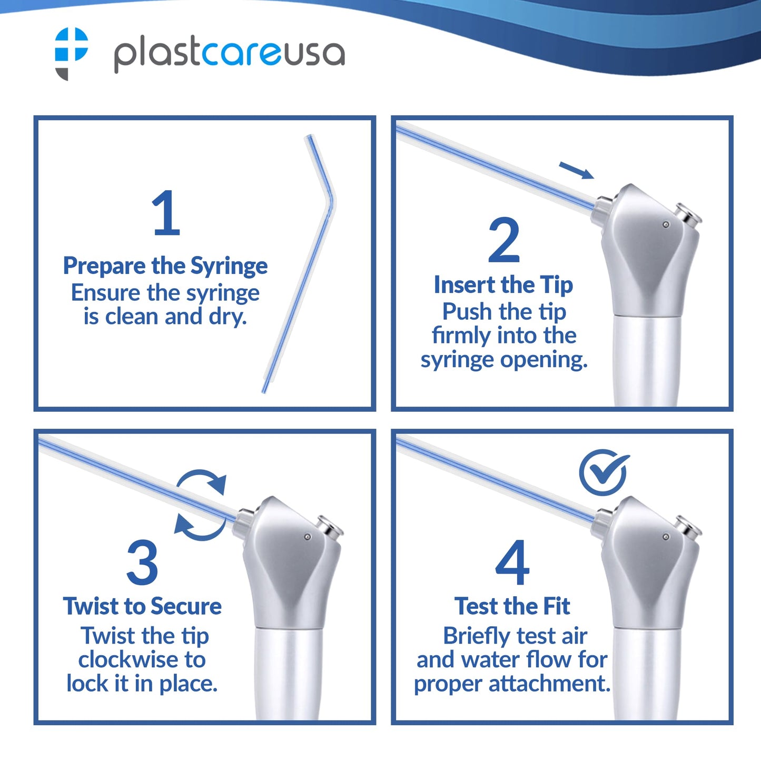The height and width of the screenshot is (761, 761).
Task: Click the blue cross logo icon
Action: pyautogui.click(x=71, y=53)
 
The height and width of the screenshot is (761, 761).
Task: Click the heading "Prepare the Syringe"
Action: pyautogui.click(x=165, y=265)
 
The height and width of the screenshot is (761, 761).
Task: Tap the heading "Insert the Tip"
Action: pyautogui.click(x=503, y=285)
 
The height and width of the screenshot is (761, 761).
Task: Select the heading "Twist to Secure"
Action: pyautogui.click(x=142, y=606)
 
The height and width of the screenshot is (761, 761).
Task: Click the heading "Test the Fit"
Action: pyautogui.click(x=512, y=606)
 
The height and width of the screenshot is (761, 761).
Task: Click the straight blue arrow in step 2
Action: pyautogui.click(x=577, y=170)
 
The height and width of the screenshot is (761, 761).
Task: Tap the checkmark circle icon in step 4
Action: pyautogui.click(x=604, y=472)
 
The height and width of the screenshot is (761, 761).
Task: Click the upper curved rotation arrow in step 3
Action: pyautogui.click(x=201, y=477)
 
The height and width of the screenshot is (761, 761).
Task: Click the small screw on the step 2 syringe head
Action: pyautogui.click(x=666, y=225)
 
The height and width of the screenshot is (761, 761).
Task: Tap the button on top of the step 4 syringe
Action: pyautogui.click(x=688, y=526)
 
